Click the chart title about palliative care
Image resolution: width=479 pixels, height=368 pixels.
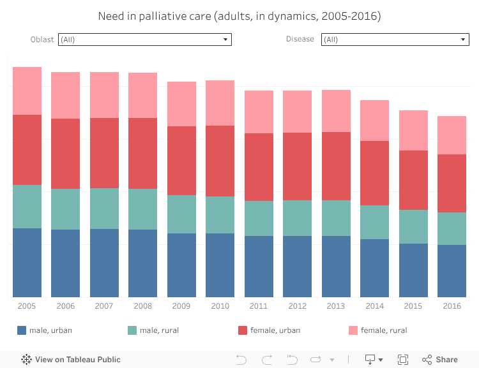point(240,16)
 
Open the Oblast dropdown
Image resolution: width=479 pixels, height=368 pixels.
point(144,40)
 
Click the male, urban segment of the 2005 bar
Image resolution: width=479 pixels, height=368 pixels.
point(27,262)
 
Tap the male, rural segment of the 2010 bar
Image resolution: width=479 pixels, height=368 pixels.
point(220,215)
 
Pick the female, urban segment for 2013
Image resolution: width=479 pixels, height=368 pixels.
point(336,166)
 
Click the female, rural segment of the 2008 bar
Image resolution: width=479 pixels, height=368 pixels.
point(142,95)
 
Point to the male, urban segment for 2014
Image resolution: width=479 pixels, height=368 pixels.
point(374,268)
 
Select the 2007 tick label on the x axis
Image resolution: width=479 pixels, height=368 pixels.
point(104,306)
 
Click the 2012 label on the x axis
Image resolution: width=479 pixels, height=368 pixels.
point(297,306)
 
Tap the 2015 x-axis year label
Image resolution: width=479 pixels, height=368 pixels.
point(413,306)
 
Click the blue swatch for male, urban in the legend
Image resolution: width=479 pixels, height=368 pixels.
point(22,330)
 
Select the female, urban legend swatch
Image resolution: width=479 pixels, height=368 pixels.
point(243,330)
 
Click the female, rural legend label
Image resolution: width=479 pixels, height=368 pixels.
point(383,330)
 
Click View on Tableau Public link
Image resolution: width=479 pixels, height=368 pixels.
point(71,360)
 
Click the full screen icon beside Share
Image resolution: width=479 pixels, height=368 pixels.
point(403,360)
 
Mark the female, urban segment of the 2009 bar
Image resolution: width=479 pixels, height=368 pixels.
point(181,161)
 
